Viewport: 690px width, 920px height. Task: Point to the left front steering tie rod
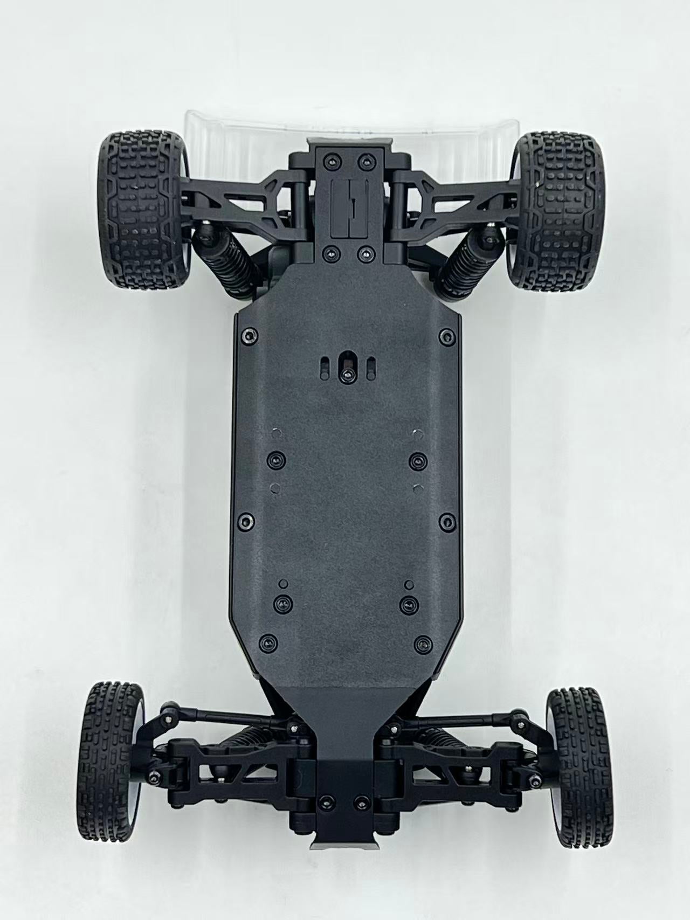[216, 717]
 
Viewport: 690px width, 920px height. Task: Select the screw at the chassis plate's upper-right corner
[445, 335]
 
